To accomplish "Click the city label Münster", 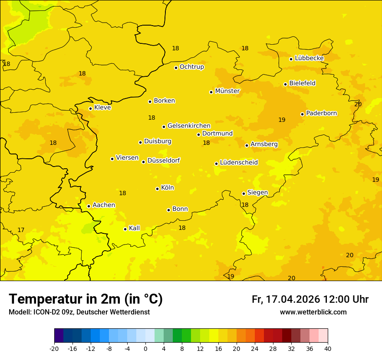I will (x=227, y=91).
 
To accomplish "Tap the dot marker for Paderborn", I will (x=303, y=114).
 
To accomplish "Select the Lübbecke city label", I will (x=309, y=58).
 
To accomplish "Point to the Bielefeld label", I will (x=302, y=83).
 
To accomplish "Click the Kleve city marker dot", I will (x=91, y=108).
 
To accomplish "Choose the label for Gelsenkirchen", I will (x=189, y=126).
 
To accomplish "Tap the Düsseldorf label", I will (x=164, y=160).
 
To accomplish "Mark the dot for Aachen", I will (x=89, y=206).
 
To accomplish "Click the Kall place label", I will (x=135, y=228).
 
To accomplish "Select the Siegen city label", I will (x=257, y=193).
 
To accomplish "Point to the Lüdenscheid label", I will (x=239, y=163).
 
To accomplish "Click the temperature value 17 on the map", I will (x=21, y=230).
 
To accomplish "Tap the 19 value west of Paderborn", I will (x=282, y=120).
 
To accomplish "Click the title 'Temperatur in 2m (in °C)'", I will (x=86, y=299).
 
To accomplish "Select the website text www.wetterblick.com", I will (x=313, y=312).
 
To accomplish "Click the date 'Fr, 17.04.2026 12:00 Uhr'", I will (x=310, y=299).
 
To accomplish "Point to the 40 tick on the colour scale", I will (x=328, y=348).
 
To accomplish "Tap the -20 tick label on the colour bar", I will (x=54, y=348).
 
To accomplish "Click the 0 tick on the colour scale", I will (x=145, y=348).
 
